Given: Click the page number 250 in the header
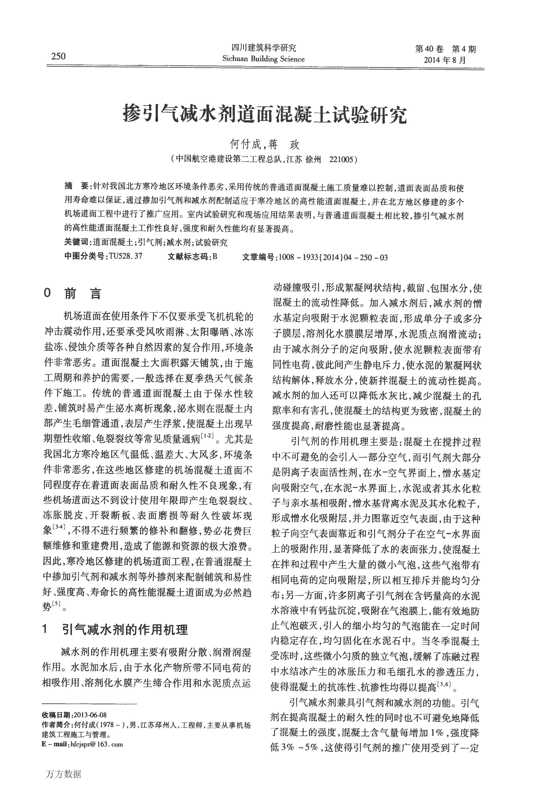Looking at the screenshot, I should pos(59,56).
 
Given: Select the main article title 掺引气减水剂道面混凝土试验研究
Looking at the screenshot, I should pos(265,115).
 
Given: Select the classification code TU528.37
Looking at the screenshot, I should pos(125,256).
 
